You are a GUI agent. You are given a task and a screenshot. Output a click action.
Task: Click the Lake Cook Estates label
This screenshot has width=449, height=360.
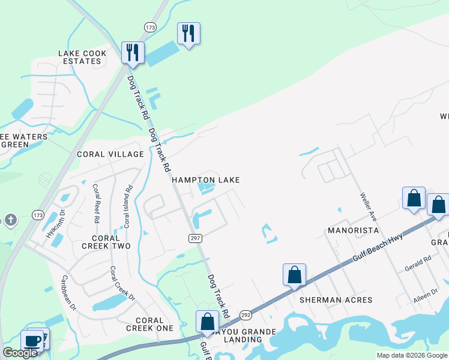coord(82,57)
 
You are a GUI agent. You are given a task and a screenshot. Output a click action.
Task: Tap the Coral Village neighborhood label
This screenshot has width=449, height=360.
coord(110,154)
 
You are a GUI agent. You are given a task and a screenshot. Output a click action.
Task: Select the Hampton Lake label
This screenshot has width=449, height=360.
coord(206,180)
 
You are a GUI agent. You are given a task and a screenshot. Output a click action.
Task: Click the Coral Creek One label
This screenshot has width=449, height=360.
coord(149,324)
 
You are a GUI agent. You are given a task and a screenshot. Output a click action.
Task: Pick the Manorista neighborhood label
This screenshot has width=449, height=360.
coord(352,230)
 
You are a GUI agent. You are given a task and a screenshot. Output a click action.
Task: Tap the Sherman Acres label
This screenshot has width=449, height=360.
coord(328,300)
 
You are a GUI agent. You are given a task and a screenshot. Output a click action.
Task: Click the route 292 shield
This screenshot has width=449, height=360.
coord(246,314)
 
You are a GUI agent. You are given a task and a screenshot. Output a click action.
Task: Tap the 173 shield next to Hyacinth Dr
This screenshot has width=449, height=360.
coord(38,215)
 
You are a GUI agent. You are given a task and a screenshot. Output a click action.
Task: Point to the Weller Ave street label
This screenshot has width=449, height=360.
coord(368,206)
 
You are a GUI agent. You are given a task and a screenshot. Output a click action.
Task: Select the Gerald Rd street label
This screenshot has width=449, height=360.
coord(418,259)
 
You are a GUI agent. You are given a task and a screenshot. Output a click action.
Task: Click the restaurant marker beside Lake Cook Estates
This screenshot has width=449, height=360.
coord(133,52)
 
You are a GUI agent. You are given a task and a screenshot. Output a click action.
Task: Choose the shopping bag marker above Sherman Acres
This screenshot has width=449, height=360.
coord(294,275)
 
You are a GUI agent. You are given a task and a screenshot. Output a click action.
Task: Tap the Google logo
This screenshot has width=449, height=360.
coord(20,353)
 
